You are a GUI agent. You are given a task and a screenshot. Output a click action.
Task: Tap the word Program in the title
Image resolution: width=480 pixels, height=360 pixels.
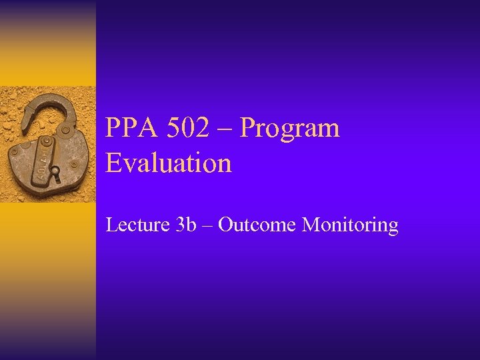pos(289,128)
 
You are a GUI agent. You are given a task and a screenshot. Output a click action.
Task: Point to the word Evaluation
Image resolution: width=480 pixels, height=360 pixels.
pos(169,163)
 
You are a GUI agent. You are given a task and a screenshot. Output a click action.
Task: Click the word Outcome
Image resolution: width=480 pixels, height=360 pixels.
pos(257,225)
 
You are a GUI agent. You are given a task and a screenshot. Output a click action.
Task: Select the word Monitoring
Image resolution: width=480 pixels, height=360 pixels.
pos(350,225)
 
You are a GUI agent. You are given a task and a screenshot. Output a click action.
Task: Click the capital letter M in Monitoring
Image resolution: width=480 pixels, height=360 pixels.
pos(311,225)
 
